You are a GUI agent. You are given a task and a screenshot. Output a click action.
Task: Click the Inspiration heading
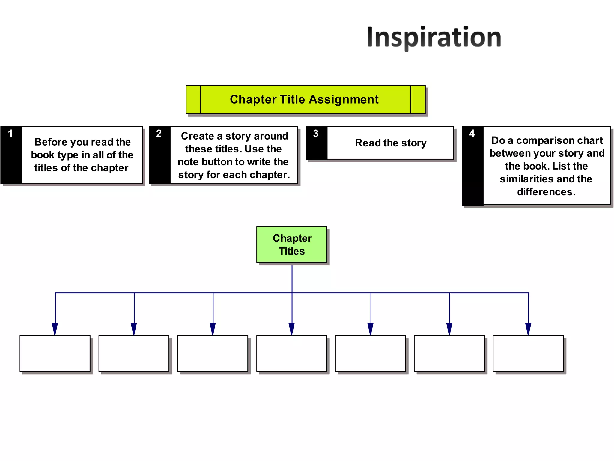point(434,37)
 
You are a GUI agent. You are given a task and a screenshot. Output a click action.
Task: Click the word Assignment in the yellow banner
point(344,99)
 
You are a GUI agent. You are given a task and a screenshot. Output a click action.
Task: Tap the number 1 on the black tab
point(10,134)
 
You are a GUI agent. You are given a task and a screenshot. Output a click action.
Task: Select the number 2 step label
point(159,134)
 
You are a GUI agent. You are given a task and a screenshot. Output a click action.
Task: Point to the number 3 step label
point(316,134)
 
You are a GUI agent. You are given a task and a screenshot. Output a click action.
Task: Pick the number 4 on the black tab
point(472,134)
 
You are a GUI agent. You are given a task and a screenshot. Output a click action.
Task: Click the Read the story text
point(391,143)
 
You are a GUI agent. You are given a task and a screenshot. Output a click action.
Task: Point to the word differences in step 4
point(546,192)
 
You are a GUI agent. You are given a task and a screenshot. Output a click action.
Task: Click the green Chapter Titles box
point(292,244)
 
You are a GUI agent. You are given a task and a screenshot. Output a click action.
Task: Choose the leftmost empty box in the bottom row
point(55,353)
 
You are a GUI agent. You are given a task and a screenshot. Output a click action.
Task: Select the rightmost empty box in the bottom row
point(528,353)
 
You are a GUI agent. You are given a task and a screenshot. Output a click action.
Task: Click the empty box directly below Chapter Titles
point(291,353)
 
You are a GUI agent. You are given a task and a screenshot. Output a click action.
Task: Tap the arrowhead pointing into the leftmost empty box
point(55,329)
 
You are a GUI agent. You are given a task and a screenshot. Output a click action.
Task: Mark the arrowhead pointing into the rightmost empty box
point(528,329)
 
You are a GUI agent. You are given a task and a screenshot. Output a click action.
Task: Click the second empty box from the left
point(134,353)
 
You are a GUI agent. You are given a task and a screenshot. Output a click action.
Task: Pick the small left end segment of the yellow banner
point(193,99)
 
